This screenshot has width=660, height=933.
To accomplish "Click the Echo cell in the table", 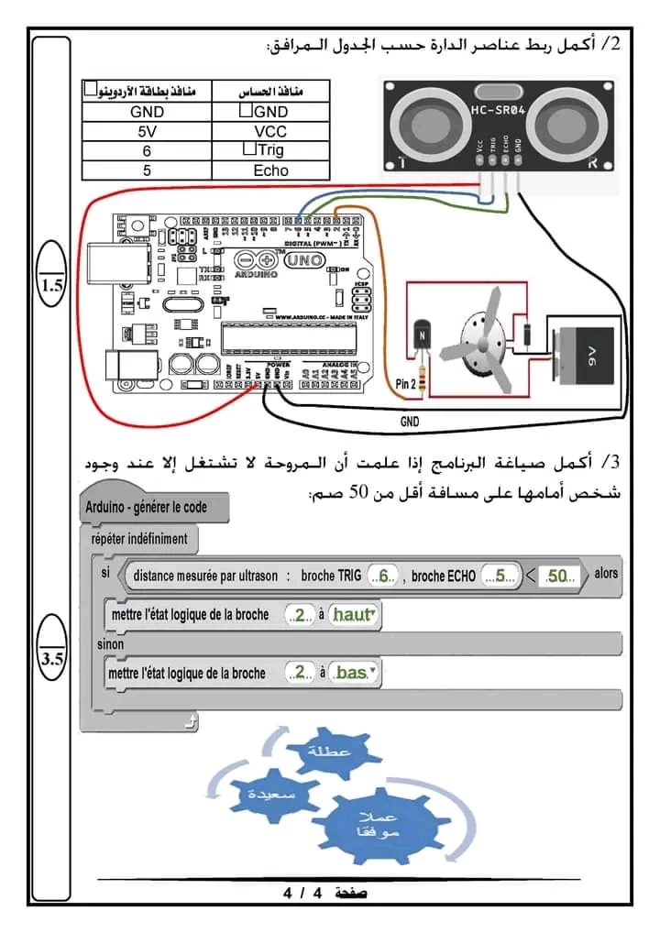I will [x=271, y=170].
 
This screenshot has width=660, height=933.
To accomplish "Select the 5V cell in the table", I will [x=147, y=131].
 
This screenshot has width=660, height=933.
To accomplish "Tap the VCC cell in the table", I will [x=271, y=131].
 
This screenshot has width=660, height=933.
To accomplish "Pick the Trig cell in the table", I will [x=271, y=150].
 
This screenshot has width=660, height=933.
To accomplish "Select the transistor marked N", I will [x=423, y=337].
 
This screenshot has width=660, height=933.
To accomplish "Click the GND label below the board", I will [x=410, y=423].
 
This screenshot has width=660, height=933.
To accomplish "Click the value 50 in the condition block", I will [x=558, y=576].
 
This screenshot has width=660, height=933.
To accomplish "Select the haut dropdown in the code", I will [x=353, y=615].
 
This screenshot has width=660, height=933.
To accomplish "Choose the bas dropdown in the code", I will [x=354, y=673].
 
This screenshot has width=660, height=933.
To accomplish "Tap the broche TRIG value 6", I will [x=385, y=576].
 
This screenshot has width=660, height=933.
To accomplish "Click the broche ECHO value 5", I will [x=500, y=576].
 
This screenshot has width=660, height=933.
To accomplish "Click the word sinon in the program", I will [x=111, y=644].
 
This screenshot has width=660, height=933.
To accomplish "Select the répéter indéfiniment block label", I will [x=139, y=538].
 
